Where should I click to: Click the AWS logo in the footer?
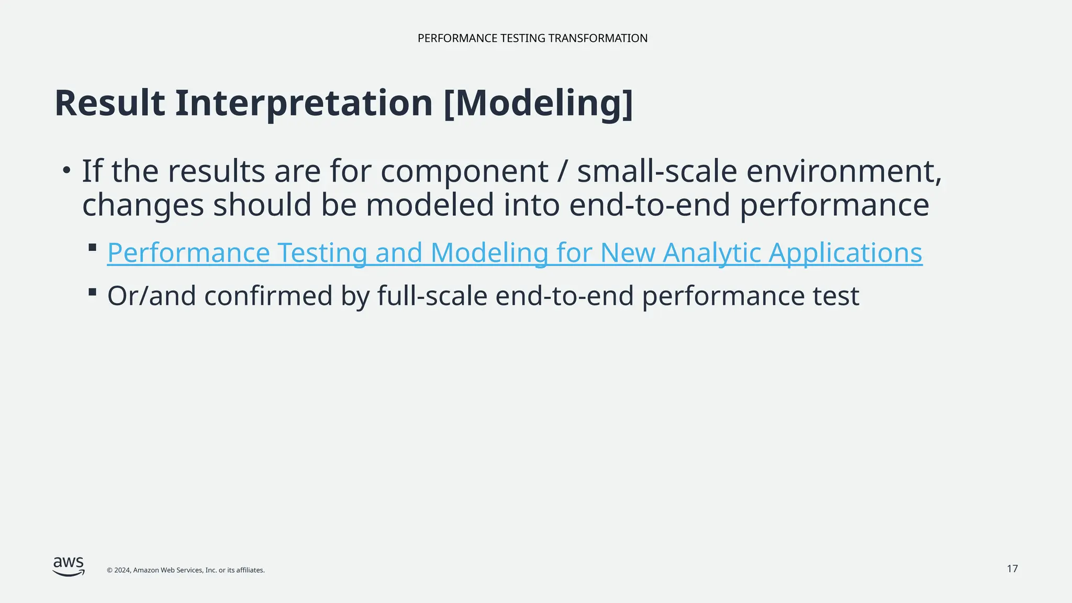point(69,566)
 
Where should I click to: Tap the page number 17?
point(1012,569)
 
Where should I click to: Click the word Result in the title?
point(109,103)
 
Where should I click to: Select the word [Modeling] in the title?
point(538,104)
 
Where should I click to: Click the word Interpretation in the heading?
point(304,104)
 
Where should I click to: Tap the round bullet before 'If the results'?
point(66,170)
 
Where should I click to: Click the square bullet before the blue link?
point(93,248)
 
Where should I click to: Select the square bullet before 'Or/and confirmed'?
point(93,292)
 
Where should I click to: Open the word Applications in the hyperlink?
point(845,253)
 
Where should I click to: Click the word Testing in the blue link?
point(322,253)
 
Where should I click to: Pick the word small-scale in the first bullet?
point(657,172)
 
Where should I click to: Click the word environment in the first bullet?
point(843,172)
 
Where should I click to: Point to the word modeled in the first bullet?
point(430,205)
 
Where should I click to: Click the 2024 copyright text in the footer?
point(185,571)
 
